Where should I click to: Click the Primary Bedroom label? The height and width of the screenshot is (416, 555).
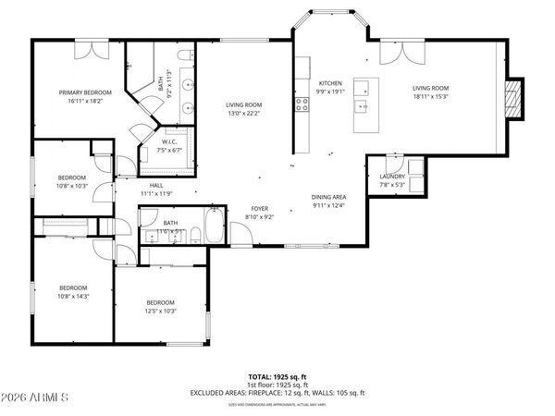[x=85, y=92]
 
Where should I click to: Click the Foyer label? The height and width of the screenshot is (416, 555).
[x=259, y=209]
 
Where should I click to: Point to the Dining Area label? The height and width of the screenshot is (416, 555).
[x=328, y=197]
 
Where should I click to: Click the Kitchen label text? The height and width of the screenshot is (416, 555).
[x=331, y=83]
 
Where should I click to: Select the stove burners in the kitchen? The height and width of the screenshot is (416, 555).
[x=302, y=104]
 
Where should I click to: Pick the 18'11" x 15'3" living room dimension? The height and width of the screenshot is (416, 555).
[x=430, y=96]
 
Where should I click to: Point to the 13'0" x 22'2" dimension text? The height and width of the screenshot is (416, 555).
[x=244, y=114]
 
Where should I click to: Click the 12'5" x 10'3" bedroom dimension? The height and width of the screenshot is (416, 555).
[x=160, y=311]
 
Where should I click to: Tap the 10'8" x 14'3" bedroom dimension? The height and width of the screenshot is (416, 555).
[x=73, y=295]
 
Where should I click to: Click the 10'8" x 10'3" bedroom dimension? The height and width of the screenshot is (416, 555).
[x=73, y=185]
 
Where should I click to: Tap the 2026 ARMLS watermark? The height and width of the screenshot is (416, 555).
[x=36, y=398]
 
